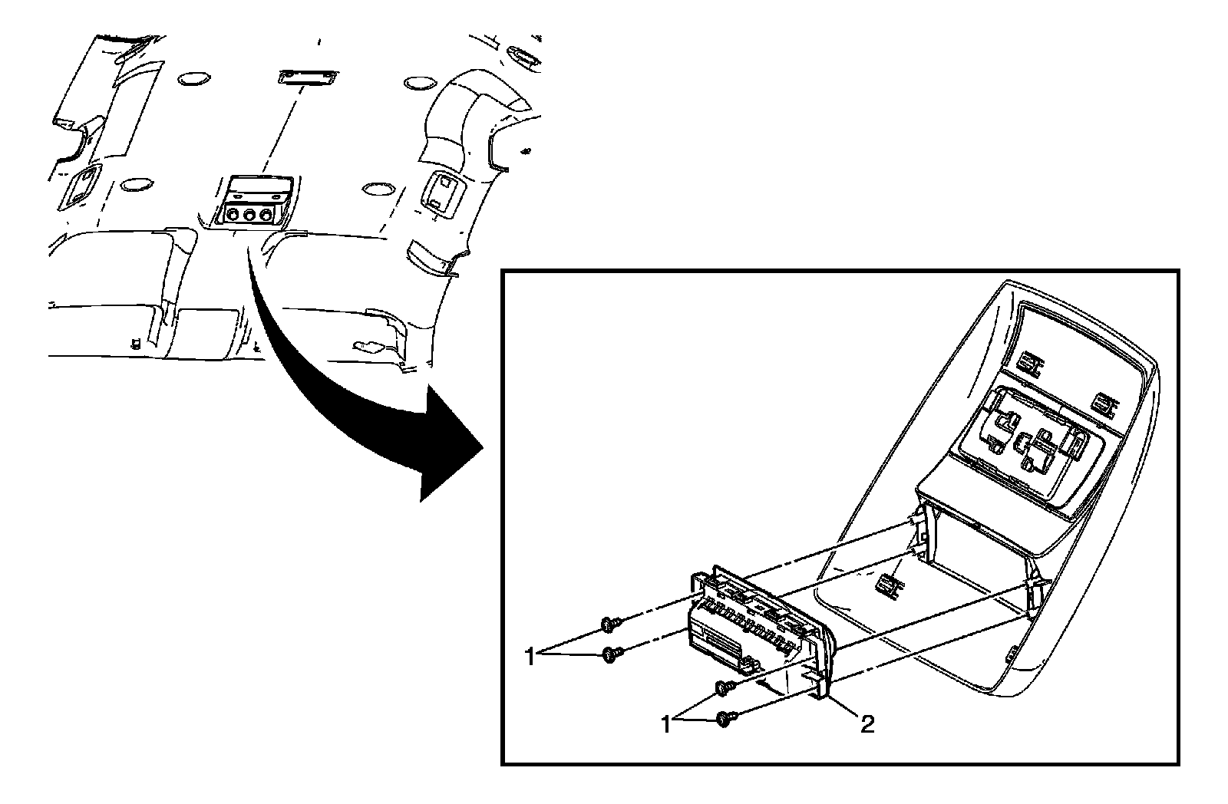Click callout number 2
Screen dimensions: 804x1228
867,724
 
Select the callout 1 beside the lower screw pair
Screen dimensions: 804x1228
666,723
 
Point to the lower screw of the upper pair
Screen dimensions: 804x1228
612,654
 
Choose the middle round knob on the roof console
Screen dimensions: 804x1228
250,216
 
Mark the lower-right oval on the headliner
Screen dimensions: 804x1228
377,188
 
